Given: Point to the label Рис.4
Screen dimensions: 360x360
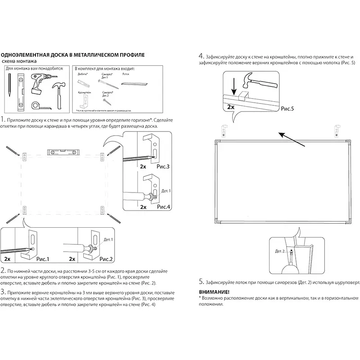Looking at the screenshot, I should pyautogui.click(x=163, y=207).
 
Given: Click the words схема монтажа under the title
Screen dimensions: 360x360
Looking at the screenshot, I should pyautogui.click(x=20, y=61).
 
